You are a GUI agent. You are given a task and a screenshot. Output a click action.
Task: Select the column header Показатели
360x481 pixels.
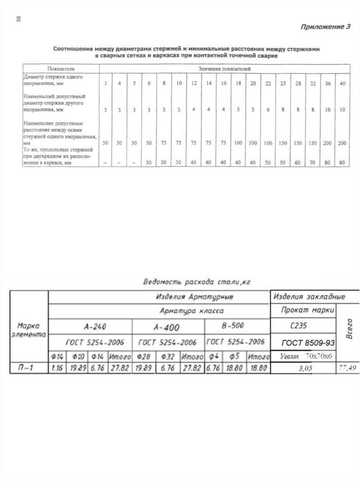coord(61,69)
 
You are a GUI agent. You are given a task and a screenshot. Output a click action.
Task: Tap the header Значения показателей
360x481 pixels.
coord(223,69)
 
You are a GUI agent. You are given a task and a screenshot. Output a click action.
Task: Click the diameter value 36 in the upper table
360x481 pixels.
coord(328,84)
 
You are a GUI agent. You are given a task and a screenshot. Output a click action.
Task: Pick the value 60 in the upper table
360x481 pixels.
coord(298,162)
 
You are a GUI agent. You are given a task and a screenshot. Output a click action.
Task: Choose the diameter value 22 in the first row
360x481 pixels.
coord(268,84)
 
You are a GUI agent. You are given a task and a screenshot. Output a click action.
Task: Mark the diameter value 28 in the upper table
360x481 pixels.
coord(298,84)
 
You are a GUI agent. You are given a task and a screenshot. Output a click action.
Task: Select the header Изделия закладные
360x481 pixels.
coord(309,297)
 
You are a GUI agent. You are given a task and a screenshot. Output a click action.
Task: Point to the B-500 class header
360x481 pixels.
coord(232,325)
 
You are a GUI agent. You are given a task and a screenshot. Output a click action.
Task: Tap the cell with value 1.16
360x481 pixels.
coord(57,369)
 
